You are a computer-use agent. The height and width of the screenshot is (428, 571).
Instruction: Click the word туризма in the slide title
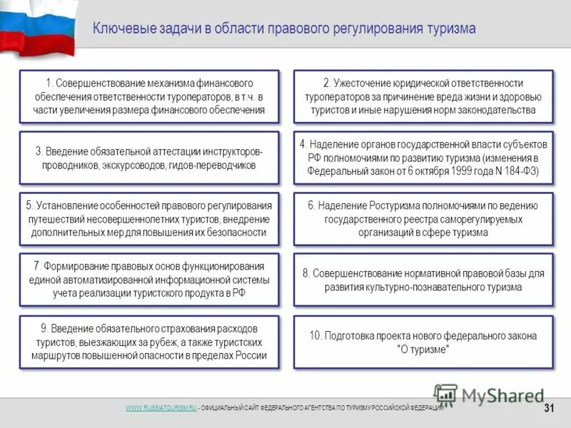click(x=447, y=29)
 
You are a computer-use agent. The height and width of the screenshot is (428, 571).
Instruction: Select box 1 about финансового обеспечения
click(x=148, y=97)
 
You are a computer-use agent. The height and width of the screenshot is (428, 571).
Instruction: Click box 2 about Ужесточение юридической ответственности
click(x=423, y=97)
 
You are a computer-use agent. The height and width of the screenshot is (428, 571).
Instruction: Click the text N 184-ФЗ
click(x=510, y=171)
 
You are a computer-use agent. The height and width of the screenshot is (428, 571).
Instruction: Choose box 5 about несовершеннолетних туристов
click(x=148, y=219)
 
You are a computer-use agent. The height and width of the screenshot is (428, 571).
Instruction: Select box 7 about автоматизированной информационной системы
click(x=148, y=280)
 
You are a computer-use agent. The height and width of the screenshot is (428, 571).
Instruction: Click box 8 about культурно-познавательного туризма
click(x=423, y=280)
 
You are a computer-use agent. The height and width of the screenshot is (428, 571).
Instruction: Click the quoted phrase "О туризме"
click(x=423, y=350)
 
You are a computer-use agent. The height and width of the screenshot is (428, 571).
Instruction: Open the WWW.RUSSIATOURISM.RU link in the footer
click(x=161, y=407)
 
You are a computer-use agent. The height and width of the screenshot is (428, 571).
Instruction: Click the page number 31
click(x=549, y=408)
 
